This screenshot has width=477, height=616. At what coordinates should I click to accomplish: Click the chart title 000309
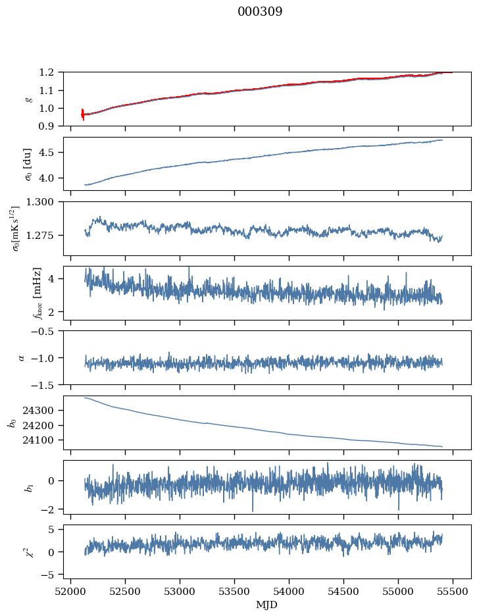click(x=260, y=12)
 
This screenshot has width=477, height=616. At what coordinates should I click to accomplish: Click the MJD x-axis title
click(x=266, y=605)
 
